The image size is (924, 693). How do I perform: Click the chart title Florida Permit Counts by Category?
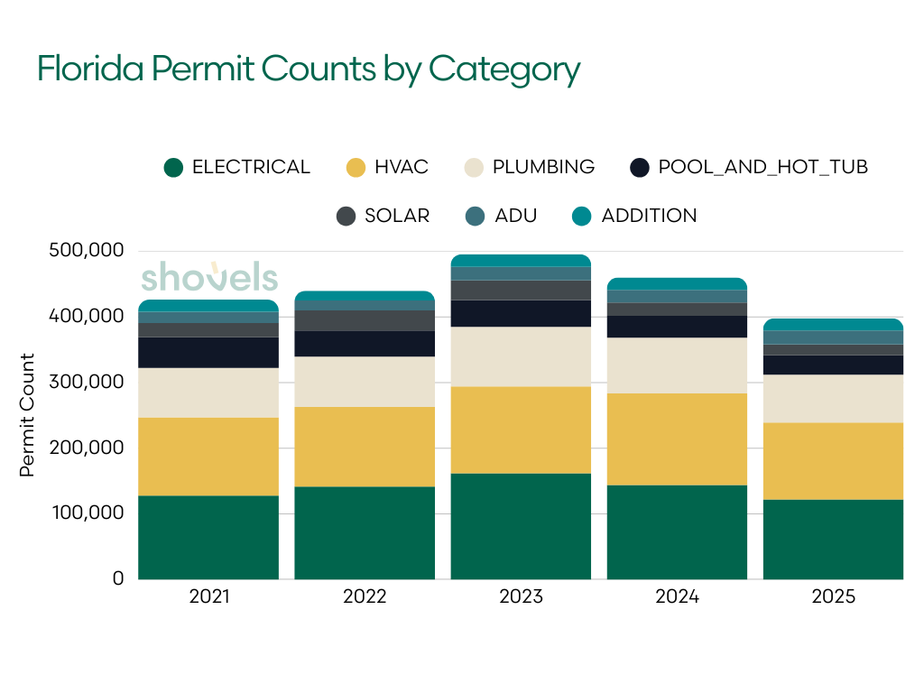click(308, 69)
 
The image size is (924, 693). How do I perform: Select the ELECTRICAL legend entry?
click(237, 167)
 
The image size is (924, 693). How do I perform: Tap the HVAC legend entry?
click(387, 167)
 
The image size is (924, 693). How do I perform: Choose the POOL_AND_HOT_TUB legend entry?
click(749, 167)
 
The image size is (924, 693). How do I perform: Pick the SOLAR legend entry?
click(383, 216)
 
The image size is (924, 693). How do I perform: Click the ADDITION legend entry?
click(635, 216)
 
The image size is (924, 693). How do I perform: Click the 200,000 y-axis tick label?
click(86, 448)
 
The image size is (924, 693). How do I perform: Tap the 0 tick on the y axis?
click(117, 578)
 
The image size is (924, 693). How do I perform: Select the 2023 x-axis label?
click(521, 597)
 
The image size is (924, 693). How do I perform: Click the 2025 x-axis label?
click(833, 597)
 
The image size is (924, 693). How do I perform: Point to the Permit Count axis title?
click(27, 415)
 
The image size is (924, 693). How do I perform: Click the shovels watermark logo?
click(208, 277)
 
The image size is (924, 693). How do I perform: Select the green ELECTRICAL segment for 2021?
click(208, 537)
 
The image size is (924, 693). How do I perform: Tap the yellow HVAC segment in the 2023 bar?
click(521, 430)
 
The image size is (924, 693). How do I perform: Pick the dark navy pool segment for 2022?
click(365, 344)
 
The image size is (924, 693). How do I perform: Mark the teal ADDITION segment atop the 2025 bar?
click(833, 325)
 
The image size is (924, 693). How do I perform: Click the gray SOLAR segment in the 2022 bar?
click(365, 320)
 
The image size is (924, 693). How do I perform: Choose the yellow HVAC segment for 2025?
click(833, 461)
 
